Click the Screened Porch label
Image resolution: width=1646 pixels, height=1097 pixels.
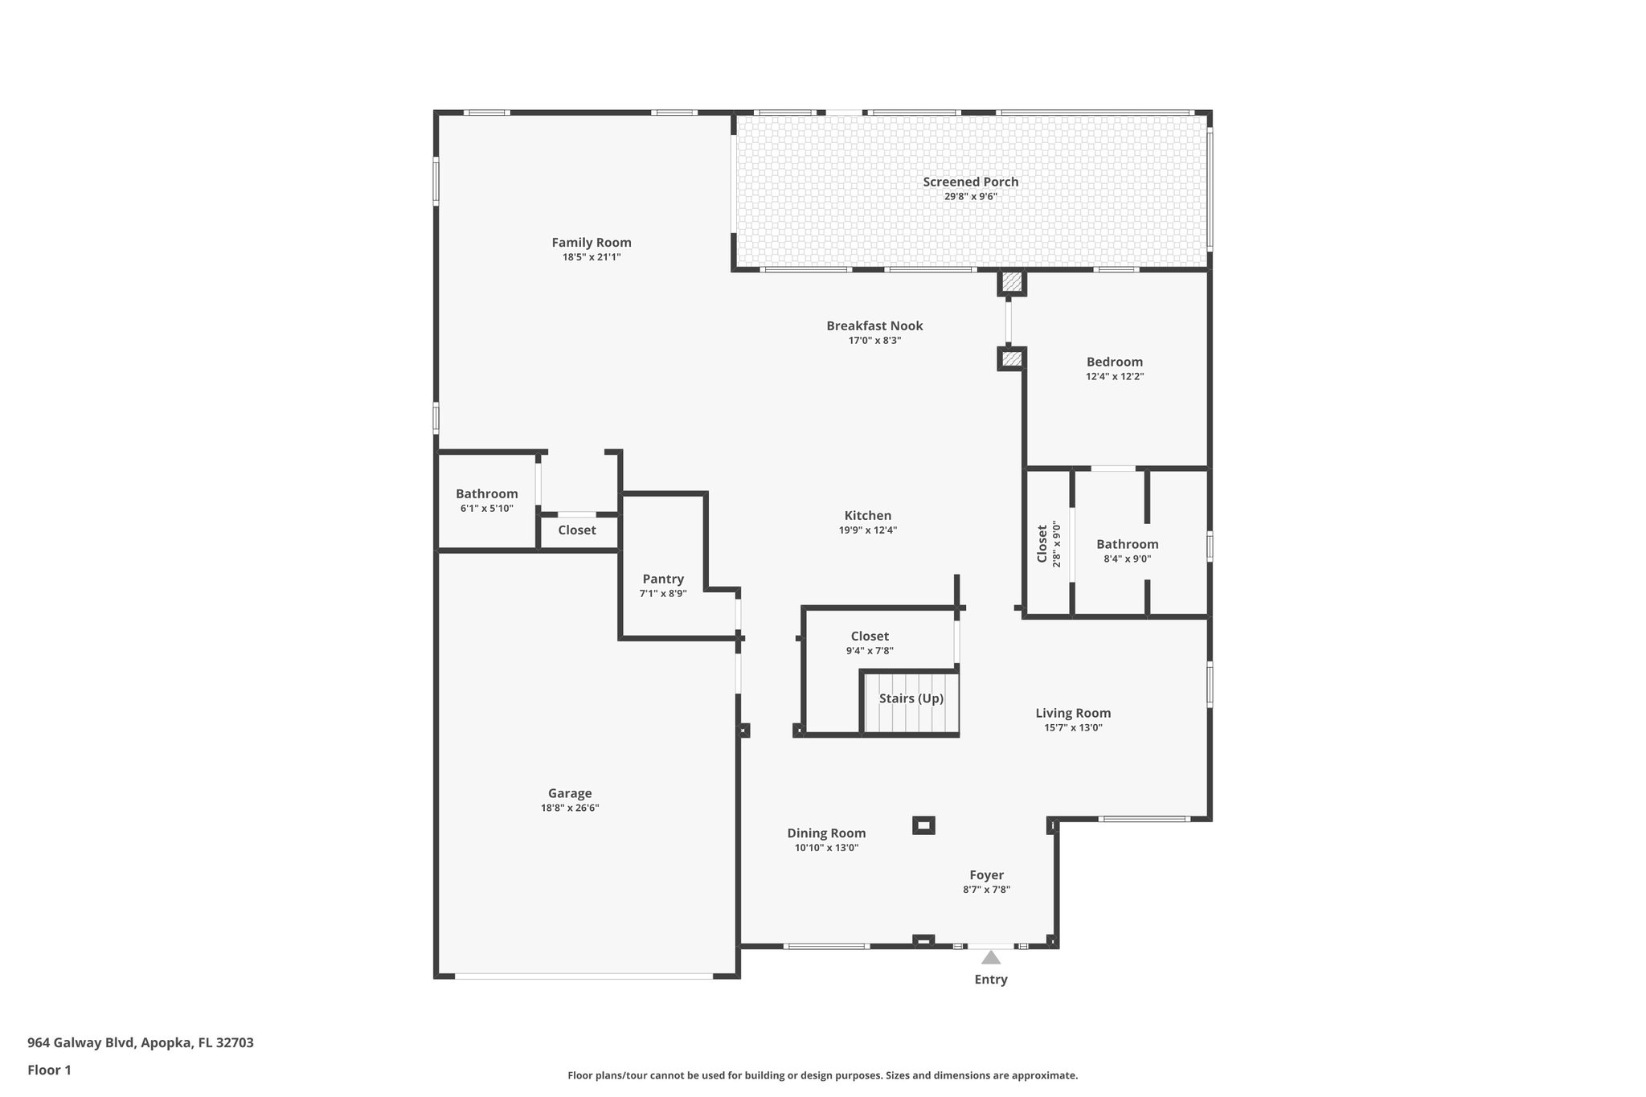coord(970,182)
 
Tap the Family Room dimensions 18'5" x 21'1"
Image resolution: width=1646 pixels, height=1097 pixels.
coord(592,257)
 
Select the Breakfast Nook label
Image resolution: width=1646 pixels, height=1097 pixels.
coord(874,325)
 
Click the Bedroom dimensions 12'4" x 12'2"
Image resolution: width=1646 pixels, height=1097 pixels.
coord(1115,376)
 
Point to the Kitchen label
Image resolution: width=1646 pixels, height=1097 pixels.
coord(867,516)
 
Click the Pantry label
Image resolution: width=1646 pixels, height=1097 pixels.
coord(663,579)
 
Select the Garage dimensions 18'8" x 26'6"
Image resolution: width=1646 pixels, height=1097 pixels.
coord(570,808)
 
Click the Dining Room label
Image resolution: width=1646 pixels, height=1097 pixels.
coord(826,833)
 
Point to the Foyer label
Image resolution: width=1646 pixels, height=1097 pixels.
coord(986,875)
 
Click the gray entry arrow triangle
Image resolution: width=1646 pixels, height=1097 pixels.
coord(991,958)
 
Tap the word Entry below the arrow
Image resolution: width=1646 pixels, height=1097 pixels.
coord(991,979)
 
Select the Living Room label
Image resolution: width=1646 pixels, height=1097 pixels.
coord(1073,713)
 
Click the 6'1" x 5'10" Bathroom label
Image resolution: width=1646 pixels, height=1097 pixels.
coord(486,494)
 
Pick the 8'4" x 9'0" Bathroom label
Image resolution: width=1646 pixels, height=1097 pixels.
coord(1127,545)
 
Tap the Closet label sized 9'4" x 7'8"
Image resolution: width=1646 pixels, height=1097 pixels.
coord(870,637)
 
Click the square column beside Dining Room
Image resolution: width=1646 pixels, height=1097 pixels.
coord(923,825)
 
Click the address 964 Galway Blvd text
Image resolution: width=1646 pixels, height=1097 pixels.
coord(141,1042)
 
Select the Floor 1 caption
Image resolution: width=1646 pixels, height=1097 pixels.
coord(50,1070)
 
